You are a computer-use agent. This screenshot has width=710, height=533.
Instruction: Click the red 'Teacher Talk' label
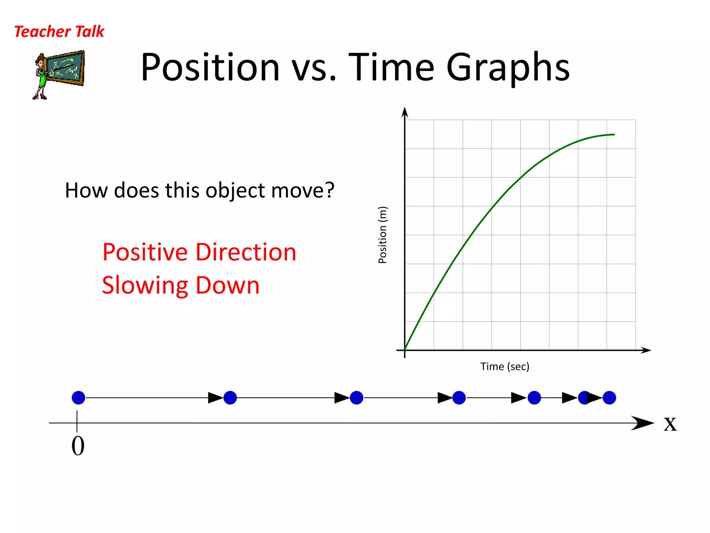(x=59, y=32)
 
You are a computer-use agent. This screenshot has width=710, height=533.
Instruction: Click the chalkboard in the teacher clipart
(x=66, y=68)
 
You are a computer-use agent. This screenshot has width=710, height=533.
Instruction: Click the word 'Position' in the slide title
(x=210, y=67)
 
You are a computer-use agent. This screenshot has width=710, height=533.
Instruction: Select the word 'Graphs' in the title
(x=508, y=67)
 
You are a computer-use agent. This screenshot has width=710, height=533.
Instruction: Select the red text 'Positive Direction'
(x=199, y=252)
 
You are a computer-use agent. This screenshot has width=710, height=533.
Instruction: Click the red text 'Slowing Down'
(x=181, y=285)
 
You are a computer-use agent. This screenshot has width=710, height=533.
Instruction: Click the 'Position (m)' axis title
(x=382, y=235)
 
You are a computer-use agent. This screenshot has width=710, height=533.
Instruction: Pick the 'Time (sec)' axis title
(x=504, y=366)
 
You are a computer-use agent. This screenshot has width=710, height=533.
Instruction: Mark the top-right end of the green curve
(x=614, y=135)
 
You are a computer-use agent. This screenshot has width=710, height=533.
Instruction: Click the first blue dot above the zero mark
(x=78, y=398)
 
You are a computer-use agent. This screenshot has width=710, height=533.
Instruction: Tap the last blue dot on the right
(x=609, y=398)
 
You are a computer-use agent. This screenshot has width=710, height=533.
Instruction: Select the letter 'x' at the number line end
(x=670, y=424)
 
